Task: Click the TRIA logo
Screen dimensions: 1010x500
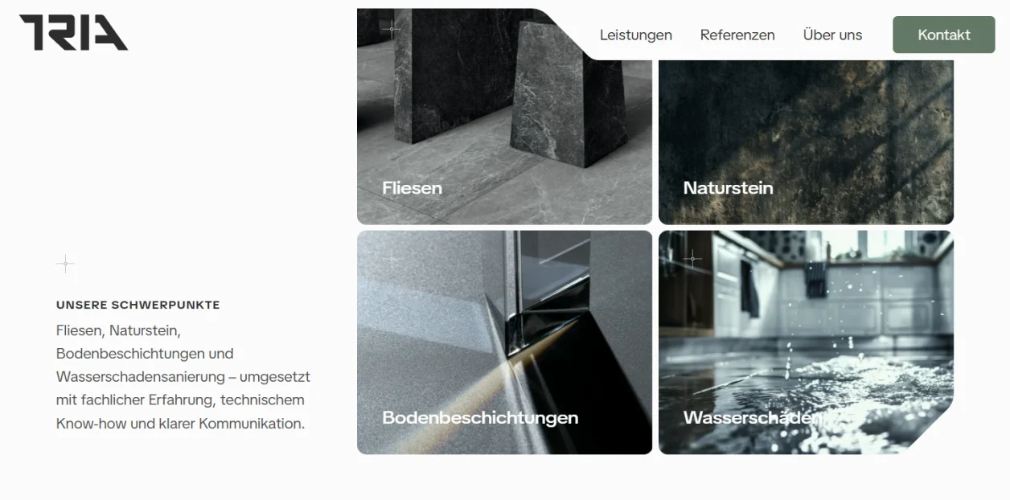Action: (x=73, y=32)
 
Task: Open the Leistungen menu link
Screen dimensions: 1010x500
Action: (x=636, y=35)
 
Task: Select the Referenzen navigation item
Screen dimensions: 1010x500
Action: (x=737, y=35)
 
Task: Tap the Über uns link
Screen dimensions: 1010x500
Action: (x=832, y=35)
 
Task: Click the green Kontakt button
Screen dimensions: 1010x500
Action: (x=944, y=35)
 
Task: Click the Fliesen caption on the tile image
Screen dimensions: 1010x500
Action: (x=412, y=188)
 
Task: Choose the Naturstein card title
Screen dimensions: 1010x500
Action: (x=729, y=188)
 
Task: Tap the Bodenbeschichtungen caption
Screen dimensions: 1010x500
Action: (x=480, y=418)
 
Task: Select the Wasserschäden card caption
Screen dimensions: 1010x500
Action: (x=752, y=418)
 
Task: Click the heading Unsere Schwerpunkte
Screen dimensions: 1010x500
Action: (x=138, y=305)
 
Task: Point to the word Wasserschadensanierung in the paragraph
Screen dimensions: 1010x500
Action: (x=140, y=376)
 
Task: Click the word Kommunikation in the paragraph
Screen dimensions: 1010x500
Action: (x=252, y=424)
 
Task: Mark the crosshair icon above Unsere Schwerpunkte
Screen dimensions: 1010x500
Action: (x=65, y=264)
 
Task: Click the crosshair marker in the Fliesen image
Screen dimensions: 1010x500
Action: (x=392, y=29)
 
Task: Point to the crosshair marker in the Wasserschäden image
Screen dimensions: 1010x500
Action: (x=692, y=259)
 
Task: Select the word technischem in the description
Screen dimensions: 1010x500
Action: (x=262, y=400)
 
